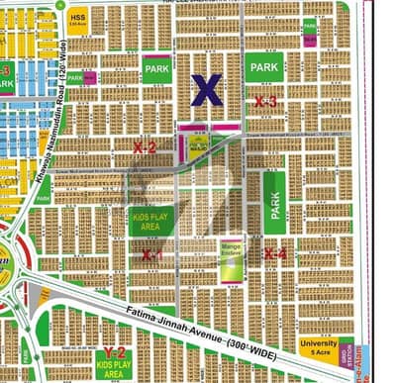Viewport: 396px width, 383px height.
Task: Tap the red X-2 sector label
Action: click(x=145, y=147)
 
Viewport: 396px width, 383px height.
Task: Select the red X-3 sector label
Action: click(x=264, y=101)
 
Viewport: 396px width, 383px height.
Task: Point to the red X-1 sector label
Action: click(x=151, y=254)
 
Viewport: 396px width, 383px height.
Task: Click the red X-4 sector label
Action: click(x=276, y=254)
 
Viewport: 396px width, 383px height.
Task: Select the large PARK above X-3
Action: click(x=265, y=67)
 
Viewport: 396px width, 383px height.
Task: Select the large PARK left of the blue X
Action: click(x=156, y=71)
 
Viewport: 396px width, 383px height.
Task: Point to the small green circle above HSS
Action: click(x=71, y=5)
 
